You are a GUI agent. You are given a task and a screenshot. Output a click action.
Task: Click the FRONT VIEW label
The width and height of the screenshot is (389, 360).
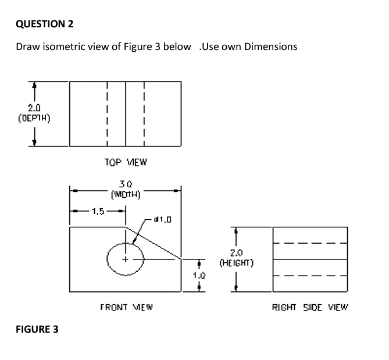pos(126,306)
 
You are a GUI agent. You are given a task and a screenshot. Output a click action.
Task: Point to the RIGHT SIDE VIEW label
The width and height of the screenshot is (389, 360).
pos(310,306)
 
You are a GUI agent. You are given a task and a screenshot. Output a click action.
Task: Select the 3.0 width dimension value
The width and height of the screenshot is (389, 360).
pos(126,184)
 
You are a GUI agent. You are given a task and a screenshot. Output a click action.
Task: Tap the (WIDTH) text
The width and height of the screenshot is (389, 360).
pos(126,194)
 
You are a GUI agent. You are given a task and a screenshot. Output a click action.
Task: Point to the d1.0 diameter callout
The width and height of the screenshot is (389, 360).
pos(160,219)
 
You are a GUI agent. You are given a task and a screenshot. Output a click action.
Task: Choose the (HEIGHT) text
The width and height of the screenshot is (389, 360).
pos(235,263)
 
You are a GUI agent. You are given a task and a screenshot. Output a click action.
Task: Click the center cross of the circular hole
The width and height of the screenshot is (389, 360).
pos(126,259)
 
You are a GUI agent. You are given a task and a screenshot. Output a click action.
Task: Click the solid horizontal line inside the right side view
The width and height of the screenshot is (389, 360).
pos(310,259)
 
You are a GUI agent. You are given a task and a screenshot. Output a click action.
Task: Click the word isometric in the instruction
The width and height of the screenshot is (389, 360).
pos(74,47)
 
